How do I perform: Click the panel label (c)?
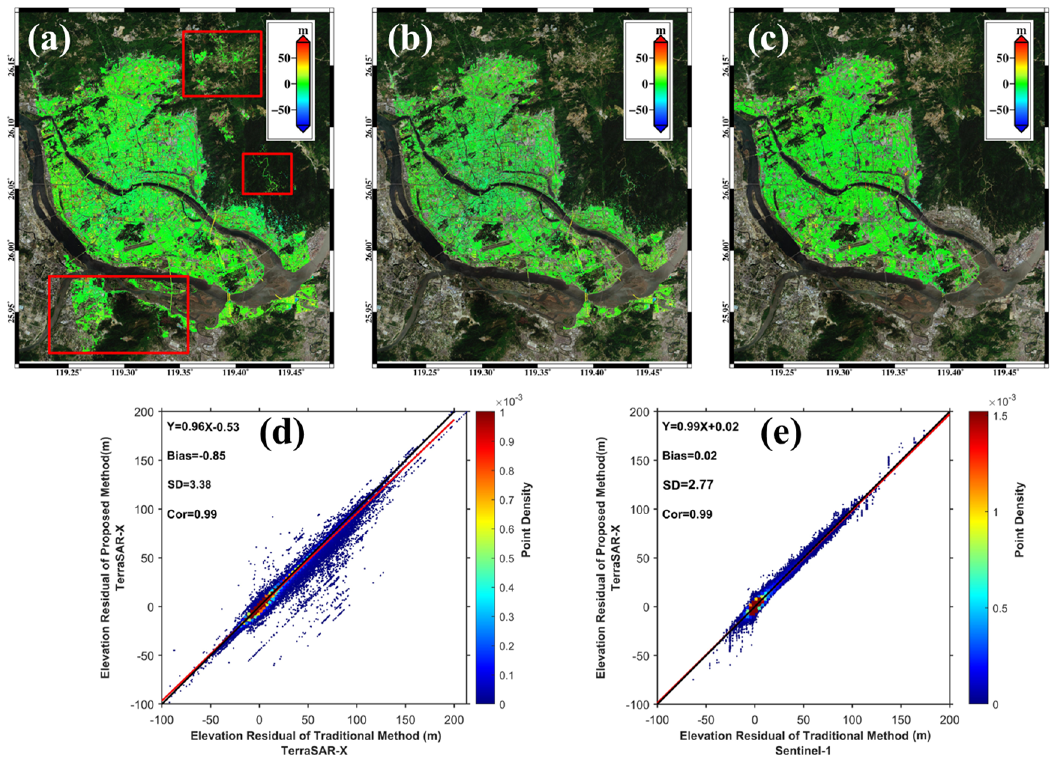click(x=768, y=40)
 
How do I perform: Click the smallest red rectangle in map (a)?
click(x=267, y=174)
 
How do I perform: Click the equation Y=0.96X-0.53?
click(x=203, y=427)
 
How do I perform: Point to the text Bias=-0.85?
click(x=196, y=456)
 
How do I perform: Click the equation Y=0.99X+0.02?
click(x=701, y=427)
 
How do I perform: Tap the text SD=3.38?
click(x=189, y=485)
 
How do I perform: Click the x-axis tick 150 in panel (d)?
click(x=405, y=720)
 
